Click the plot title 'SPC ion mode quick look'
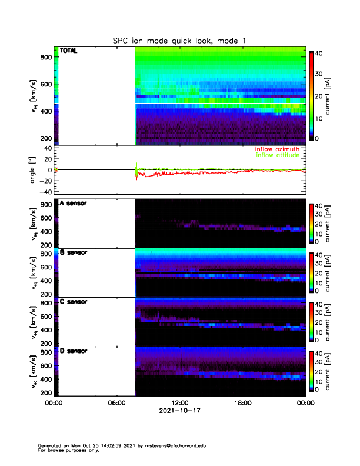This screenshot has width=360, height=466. [x=179, y=41]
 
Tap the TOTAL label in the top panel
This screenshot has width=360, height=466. [x=69, y=51]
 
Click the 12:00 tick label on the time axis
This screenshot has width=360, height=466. [x=179, y=403]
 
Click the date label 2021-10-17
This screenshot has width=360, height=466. [x=179, y=411]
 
